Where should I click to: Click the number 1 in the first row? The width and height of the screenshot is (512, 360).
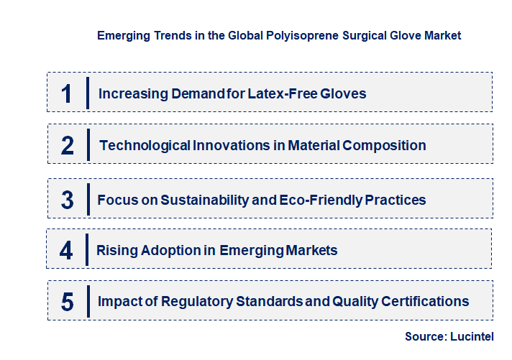(67, 93)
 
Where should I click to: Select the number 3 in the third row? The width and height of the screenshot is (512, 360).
(68, 200)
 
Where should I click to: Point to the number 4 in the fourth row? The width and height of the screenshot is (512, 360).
(67, 251)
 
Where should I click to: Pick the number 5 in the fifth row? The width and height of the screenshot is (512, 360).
(68, 302)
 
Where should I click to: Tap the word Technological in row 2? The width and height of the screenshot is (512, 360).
(145, 145)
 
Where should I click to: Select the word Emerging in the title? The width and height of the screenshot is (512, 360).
(123, 34)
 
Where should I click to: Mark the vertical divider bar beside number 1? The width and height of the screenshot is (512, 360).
(87, 92)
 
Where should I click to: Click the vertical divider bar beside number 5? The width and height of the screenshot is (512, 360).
(87, 300)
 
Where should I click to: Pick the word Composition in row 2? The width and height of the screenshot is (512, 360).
(385, 145)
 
